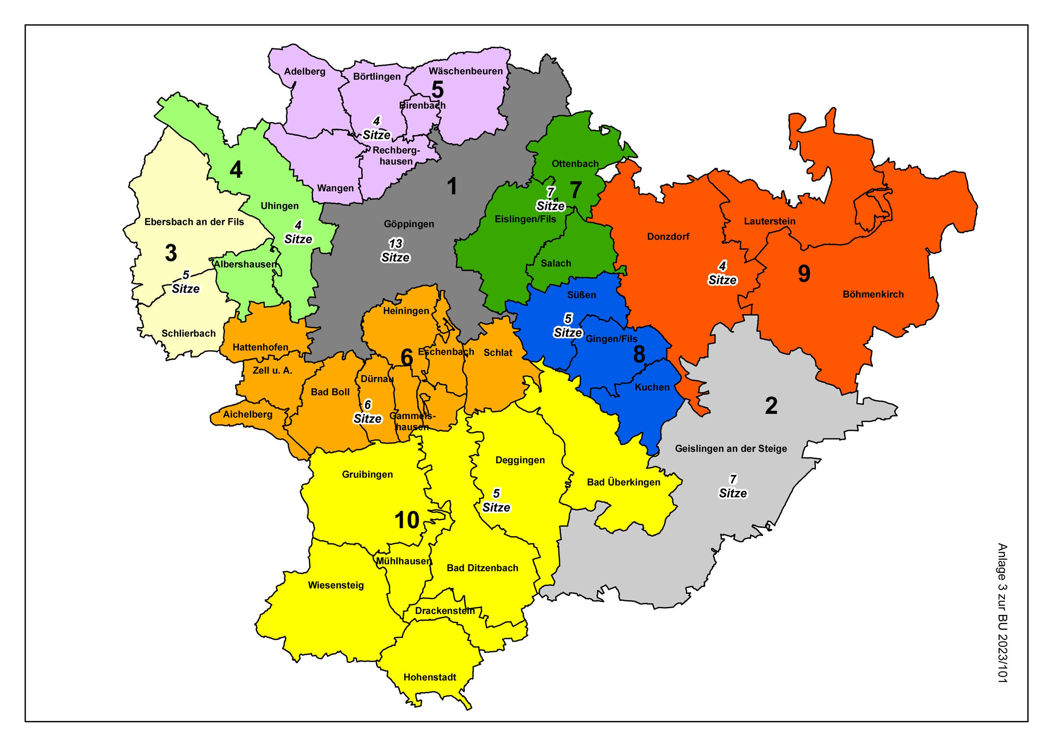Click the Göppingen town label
coord(409,224)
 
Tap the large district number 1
coord(452,186)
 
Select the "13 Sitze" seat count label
coord(395,251)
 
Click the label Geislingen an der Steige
coord(731,449)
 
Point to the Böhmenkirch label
coord(873,294)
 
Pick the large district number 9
coord(804,273)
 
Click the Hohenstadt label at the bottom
coord(430,677)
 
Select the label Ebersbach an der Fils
coord(194,222)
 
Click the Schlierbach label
coord(189,334)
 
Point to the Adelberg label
coord(304,72)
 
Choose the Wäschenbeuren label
coord(466,71)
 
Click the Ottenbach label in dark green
coord(575,164)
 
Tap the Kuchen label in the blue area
coord(652,387)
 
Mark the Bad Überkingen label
coord(623,482)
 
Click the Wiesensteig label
coord(335,585)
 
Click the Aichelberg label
coord(247,415)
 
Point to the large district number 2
coord(771,406)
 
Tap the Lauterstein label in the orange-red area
coord(770,221)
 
